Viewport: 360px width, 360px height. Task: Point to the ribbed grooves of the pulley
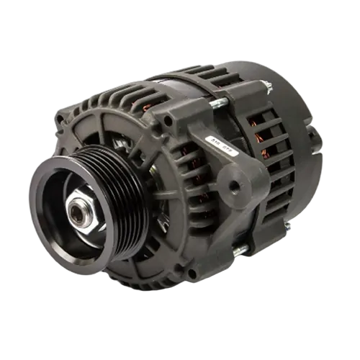pyautogui.click(x=122, y=189)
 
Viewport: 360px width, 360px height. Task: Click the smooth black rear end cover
pyautogui.click(x=295, y=108)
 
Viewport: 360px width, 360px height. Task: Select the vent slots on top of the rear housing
pyautogui.click(x=223, y=73)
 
